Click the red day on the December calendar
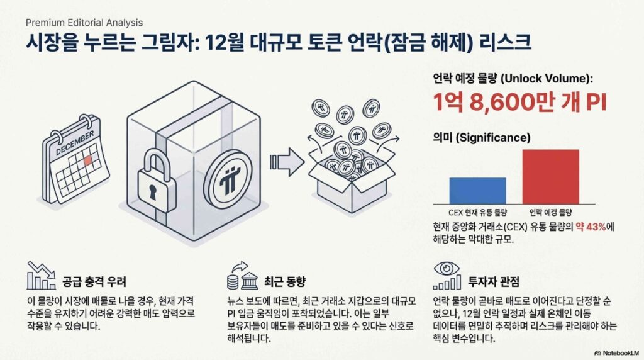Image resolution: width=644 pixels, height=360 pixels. pyautogui.click(x=88, y=160)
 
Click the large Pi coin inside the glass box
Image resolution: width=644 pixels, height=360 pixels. pyautogui.click(x=227, y=179)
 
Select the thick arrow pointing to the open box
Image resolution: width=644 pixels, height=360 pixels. pyautogui.click(x=287, y=162)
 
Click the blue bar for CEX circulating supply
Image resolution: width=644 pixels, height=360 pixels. pyautogui.click(x=478, y=191)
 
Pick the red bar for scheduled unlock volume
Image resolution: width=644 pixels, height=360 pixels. pyautogui.click(x=551, y=177)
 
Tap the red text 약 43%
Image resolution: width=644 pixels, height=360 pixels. pyautogui.click(x=591, y=227)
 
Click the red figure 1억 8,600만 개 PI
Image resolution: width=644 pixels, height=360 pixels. pyautogui.click(x=519, y=102)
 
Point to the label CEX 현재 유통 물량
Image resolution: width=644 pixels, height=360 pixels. pyautogui.click(x=478, y=213)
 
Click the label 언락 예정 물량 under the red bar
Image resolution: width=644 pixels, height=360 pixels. pyautogui.click(x=550, y=213)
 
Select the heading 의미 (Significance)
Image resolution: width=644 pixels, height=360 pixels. pyautogui.click(x=481, y=137)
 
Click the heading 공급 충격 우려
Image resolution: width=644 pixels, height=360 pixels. pyautogui.click(x=94, y=281)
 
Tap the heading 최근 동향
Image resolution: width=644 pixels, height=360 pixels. pyautogui.click(x=285, y=281)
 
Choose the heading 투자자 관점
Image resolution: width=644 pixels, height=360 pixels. pyautogui.click(x=494, y=281)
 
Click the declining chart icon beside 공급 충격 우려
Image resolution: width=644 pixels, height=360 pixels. pyautogui.click(x=41, y=275)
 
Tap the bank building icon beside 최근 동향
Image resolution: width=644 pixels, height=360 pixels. pyautogui.click(x=249, y=281)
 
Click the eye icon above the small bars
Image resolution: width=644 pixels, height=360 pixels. pyautogui.click(x=447, y=268)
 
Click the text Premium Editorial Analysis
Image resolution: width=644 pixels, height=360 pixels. pyautogui.click(x=84, y=23)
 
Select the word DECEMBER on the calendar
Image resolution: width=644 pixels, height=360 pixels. pyautogui.click(x=75, y=143)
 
